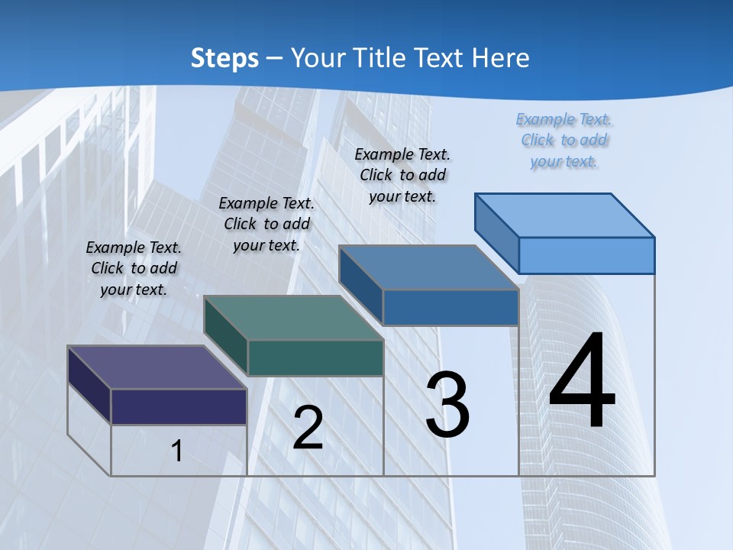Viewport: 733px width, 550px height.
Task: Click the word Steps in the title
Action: [224, 58]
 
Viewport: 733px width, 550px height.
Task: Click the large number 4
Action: [582, 382]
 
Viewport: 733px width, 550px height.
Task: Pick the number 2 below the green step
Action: [308, 428]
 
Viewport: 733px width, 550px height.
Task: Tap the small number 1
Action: [176, 451]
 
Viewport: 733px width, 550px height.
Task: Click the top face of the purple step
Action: [157, 367]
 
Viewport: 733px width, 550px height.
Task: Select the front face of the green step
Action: [315, 358]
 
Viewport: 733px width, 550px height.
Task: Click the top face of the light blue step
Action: [565, 215]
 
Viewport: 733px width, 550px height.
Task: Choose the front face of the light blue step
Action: [586, 255]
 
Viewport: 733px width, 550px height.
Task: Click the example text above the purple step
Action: [134, 268]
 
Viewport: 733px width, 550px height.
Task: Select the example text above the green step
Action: [266, 224]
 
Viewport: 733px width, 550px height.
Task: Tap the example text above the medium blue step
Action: [402, 175]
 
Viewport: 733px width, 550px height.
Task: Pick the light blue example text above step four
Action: [564, 140]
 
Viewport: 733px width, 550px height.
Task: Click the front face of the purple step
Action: [179, 406]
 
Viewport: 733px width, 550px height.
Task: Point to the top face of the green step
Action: [293, 318]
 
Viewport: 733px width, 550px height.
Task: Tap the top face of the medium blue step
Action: [428, 267]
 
